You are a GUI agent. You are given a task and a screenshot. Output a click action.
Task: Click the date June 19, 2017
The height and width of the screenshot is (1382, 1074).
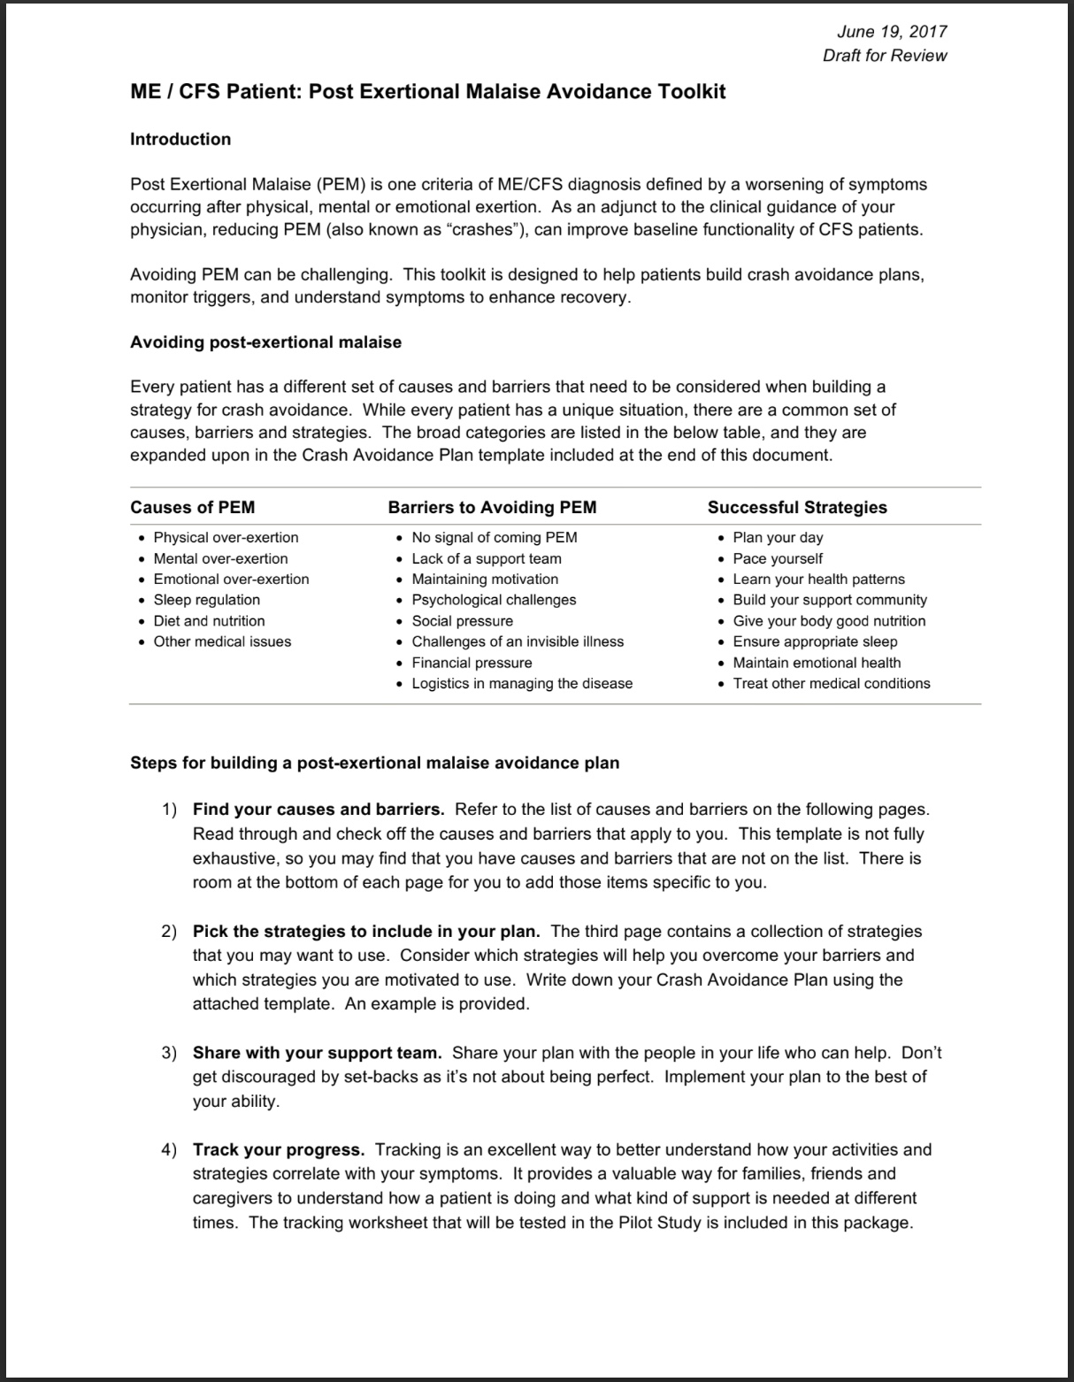891,32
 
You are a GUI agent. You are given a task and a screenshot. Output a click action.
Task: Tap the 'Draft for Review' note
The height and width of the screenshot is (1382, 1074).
884,56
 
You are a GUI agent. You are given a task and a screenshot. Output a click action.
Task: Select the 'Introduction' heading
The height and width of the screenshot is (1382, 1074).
180,139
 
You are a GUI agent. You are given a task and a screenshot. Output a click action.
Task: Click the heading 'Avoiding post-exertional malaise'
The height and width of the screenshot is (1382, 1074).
265,342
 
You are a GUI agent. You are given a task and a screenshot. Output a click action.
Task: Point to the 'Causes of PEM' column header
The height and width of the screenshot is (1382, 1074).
192,507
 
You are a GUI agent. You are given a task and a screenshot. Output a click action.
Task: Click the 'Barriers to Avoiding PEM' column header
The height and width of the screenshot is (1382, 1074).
492,507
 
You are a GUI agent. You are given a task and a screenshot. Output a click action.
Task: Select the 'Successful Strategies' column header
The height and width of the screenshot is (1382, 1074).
796,507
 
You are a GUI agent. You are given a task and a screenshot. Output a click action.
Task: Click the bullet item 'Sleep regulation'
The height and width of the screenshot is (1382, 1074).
206,600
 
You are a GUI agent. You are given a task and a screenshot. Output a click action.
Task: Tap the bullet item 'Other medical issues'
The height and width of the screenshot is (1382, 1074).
222,641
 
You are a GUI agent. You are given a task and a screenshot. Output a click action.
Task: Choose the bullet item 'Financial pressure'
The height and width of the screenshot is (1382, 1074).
472,663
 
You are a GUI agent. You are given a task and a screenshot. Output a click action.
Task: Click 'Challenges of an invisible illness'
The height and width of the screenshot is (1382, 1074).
518,641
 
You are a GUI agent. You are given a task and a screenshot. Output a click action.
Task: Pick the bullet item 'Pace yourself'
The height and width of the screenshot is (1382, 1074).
777,558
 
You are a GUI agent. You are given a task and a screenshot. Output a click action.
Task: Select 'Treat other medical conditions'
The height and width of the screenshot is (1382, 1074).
831,683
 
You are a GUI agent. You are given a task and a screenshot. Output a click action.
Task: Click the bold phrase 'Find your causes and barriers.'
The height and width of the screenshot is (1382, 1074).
318,810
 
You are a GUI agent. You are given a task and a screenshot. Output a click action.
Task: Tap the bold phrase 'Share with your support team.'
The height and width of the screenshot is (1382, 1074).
317,1053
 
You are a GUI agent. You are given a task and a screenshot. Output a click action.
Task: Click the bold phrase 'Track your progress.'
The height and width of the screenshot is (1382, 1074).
279,1150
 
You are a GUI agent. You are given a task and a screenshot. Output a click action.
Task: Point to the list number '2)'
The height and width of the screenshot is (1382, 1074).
169,932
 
